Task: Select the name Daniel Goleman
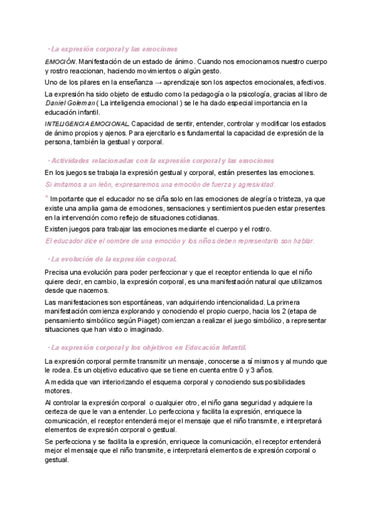click(x=70, y=103)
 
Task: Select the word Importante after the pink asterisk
click(x=70, y=199)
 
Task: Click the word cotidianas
click(x=199, y=218)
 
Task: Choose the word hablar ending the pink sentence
click(x=302, y=241)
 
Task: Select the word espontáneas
click(x=139, y=302)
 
